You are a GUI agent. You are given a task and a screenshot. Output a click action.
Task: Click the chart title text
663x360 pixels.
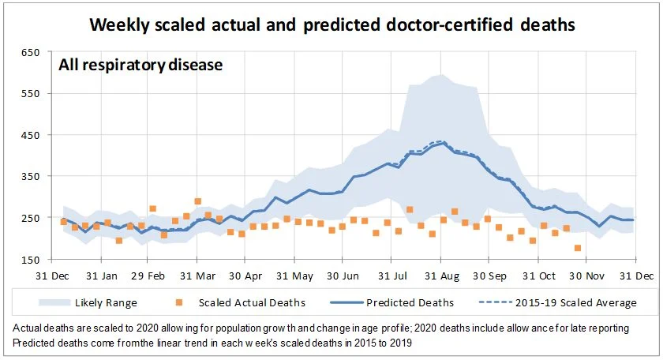(332, 24)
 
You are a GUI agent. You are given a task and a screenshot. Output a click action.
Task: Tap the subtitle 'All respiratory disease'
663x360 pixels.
(140, 65)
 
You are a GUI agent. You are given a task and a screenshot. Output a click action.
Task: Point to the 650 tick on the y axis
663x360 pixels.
(30, 52)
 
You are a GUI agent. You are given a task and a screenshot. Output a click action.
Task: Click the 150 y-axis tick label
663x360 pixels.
(30, 260)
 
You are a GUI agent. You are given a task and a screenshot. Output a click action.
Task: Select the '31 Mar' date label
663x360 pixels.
(199, 276)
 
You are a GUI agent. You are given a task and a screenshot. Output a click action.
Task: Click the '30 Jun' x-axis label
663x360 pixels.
(344, 276)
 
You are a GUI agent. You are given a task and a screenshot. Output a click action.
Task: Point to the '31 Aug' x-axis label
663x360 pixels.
(442, 276)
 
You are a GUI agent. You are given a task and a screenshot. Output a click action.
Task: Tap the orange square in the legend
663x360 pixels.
(180, 302)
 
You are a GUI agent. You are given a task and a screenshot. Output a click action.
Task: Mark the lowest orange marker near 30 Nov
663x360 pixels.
(578, 248)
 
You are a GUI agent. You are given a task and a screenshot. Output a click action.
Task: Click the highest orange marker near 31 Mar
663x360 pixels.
(197, 201)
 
